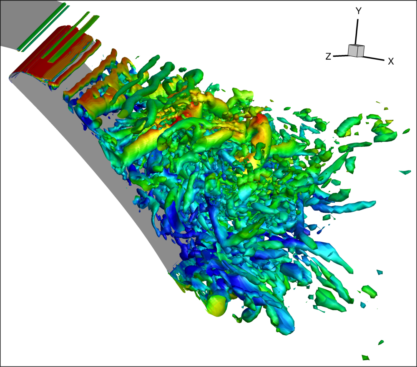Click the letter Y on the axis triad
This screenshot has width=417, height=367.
tap(359, 11)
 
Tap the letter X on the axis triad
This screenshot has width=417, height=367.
tap(391, 61)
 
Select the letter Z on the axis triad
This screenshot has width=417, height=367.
tap(329, 56)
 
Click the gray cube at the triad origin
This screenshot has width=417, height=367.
tap(356, 50)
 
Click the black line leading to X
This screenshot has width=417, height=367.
tap(374, 58)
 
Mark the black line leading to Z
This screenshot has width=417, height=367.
tap(341, 56)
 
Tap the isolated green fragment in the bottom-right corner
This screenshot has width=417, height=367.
tap(366, 357)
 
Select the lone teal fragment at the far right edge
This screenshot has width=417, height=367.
tap(405, 172)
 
